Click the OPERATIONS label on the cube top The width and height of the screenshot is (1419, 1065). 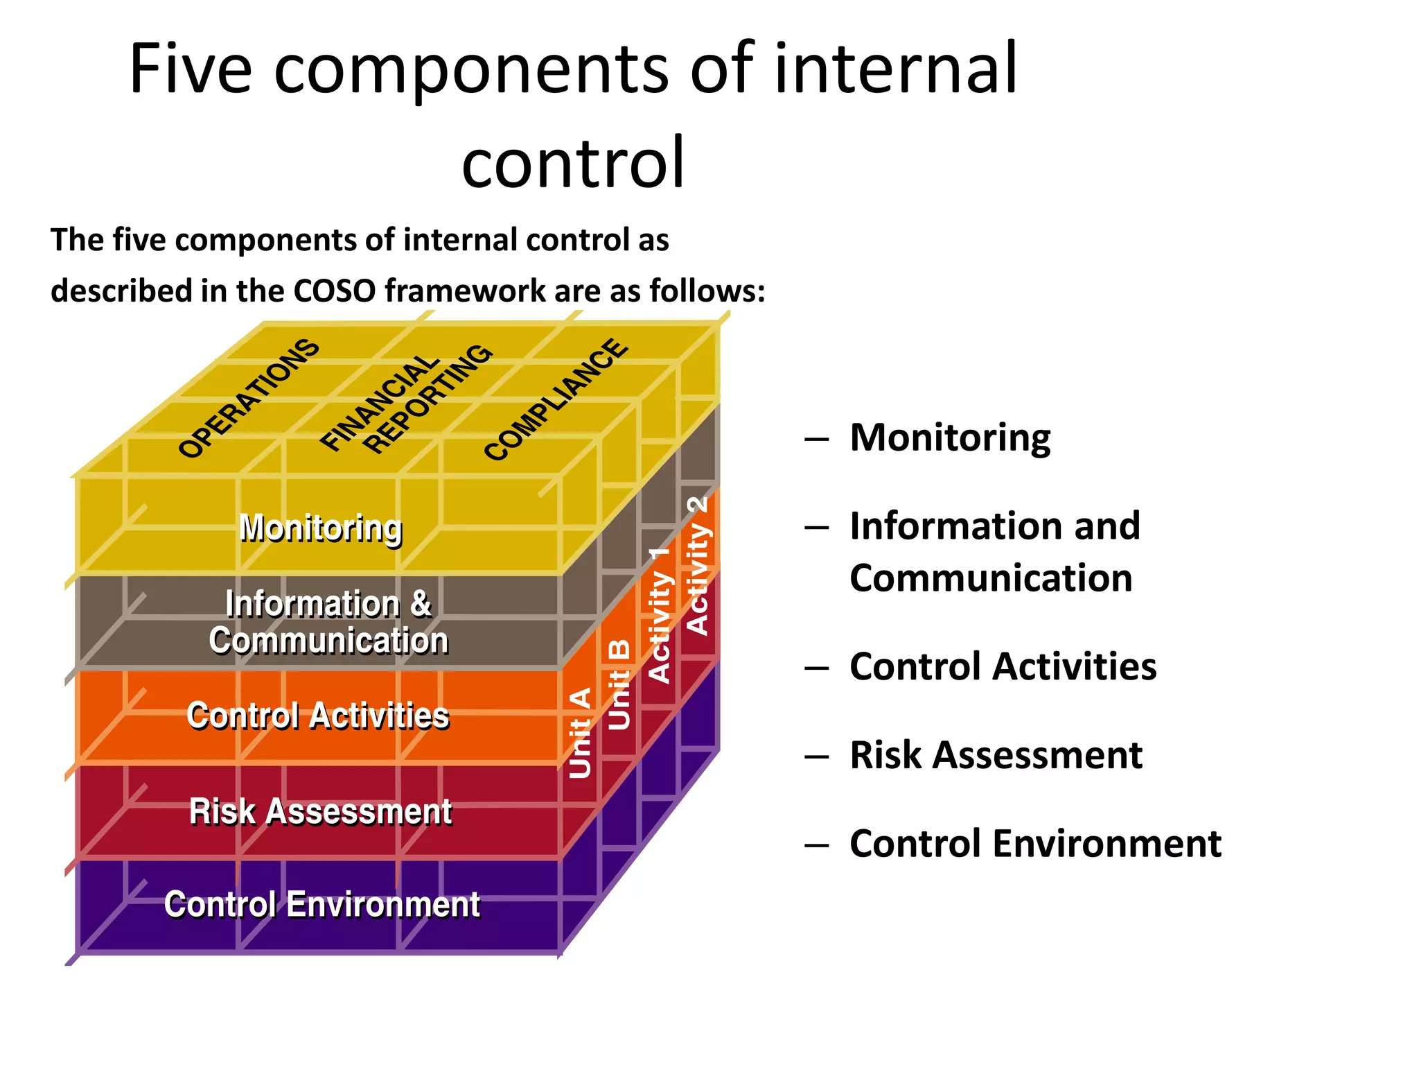pos(249,399)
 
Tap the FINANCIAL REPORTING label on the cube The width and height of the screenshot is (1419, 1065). pos(406,399)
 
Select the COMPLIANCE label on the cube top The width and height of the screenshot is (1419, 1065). pos(556,399)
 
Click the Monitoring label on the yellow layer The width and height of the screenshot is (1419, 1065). pos(320,529)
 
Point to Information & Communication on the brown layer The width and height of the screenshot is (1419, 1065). pos(328,622)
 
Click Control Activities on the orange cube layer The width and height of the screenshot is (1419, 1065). pos(317,716)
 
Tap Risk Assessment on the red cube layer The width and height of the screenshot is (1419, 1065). pos(320,811)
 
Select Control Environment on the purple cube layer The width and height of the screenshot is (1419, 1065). pos(321,904)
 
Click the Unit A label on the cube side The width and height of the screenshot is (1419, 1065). pos(580,733)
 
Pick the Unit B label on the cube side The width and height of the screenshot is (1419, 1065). pos(619,685)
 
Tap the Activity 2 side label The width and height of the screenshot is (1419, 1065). pos(698,566)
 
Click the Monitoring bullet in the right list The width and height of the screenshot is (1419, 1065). pos(949,438)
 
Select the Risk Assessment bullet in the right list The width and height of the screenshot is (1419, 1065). pos(995,755)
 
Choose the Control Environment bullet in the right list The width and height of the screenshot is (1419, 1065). pos(1035,844)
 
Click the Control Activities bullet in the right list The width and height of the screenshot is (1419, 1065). pos(1003,666)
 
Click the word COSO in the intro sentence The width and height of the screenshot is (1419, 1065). pos(335,291)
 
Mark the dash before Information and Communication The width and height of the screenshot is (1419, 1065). pos(817,528)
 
